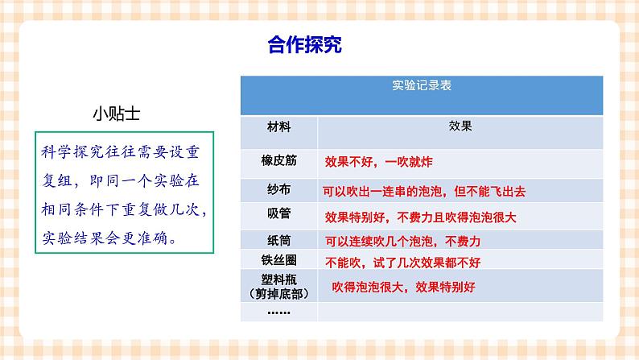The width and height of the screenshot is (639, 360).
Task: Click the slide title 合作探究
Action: tap(304, 45)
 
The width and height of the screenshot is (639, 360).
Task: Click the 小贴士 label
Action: tap(117, 113)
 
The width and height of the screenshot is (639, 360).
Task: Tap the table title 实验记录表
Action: tap(421, 84)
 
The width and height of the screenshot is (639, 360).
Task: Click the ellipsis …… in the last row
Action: tap(278, 311)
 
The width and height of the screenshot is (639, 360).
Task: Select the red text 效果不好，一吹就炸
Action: tap(378, 162)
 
